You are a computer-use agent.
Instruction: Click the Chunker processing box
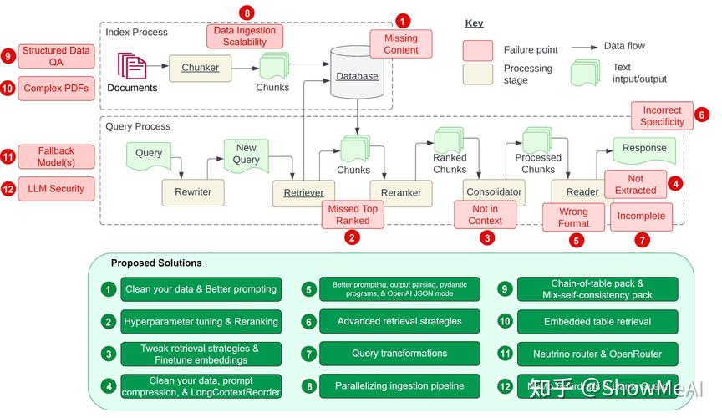pyautogui.click(x=201, y=68)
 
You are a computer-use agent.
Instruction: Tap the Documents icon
pyautogui.click(x=131, y=66)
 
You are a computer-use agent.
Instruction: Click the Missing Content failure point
pyautogui.click(x=401, y=44)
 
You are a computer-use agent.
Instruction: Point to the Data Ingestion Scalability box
pyautogui.click(x=245, y=37)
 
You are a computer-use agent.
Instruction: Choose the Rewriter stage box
pyautogui.click(x=193, y=192)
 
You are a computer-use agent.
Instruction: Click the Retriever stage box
pyautogui.click(x=303, y=193)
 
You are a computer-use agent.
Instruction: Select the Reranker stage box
pyautogui.click(x=401, y=193)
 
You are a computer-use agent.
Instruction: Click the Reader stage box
pyautogui.click(x=582, y=192)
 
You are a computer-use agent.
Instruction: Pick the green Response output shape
pyautogui.click(x=644, y=149)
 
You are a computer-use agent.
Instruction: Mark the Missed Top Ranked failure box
pyautogui.click(x=353, y=215)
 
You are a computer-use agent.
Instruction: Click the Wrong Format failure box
pyautogui.click(x=573, y=217)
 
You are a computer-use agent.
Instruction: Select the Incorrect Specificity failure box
pyautogui.click(x=662, y=116)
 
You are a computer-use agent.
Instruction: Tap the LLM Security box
pyautogui.click(x=56, y=189)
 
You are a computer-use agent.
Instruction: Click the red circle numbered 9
pyautogui.click(x=8, y=56)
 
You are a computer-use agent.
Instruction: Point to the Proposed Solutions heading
pyautogui.click(x=156, y=263)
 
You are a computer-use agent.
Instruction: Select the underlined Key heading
pyautogui.click(x=474, y=23)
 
